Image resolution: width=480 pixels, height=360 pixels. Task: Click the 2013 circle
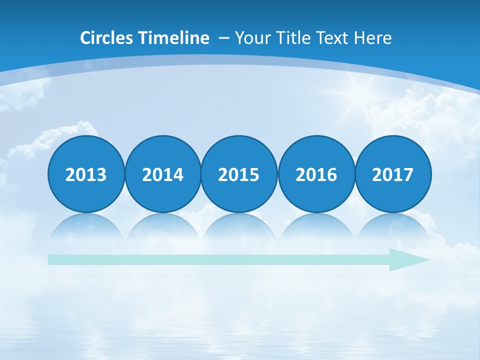86,174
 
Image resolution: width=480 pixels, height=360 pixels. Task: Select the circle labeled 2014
162,174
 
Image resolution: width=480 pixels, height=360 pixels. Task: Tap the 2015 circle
239,174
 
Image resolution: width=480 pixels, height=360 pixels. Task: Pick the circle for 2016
316,174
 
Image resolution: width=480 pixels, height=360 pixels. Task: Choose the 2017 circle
392,174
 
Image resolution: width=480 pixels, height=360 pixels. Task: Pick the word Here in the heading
372,38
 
